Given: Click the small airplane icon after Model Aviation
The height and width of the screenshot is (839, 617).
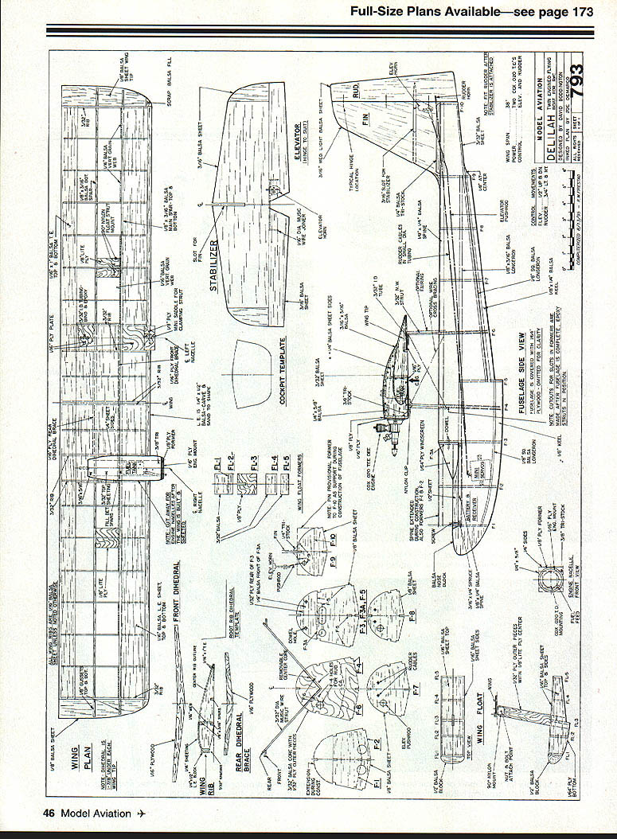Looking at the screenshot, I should point(142,813).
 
